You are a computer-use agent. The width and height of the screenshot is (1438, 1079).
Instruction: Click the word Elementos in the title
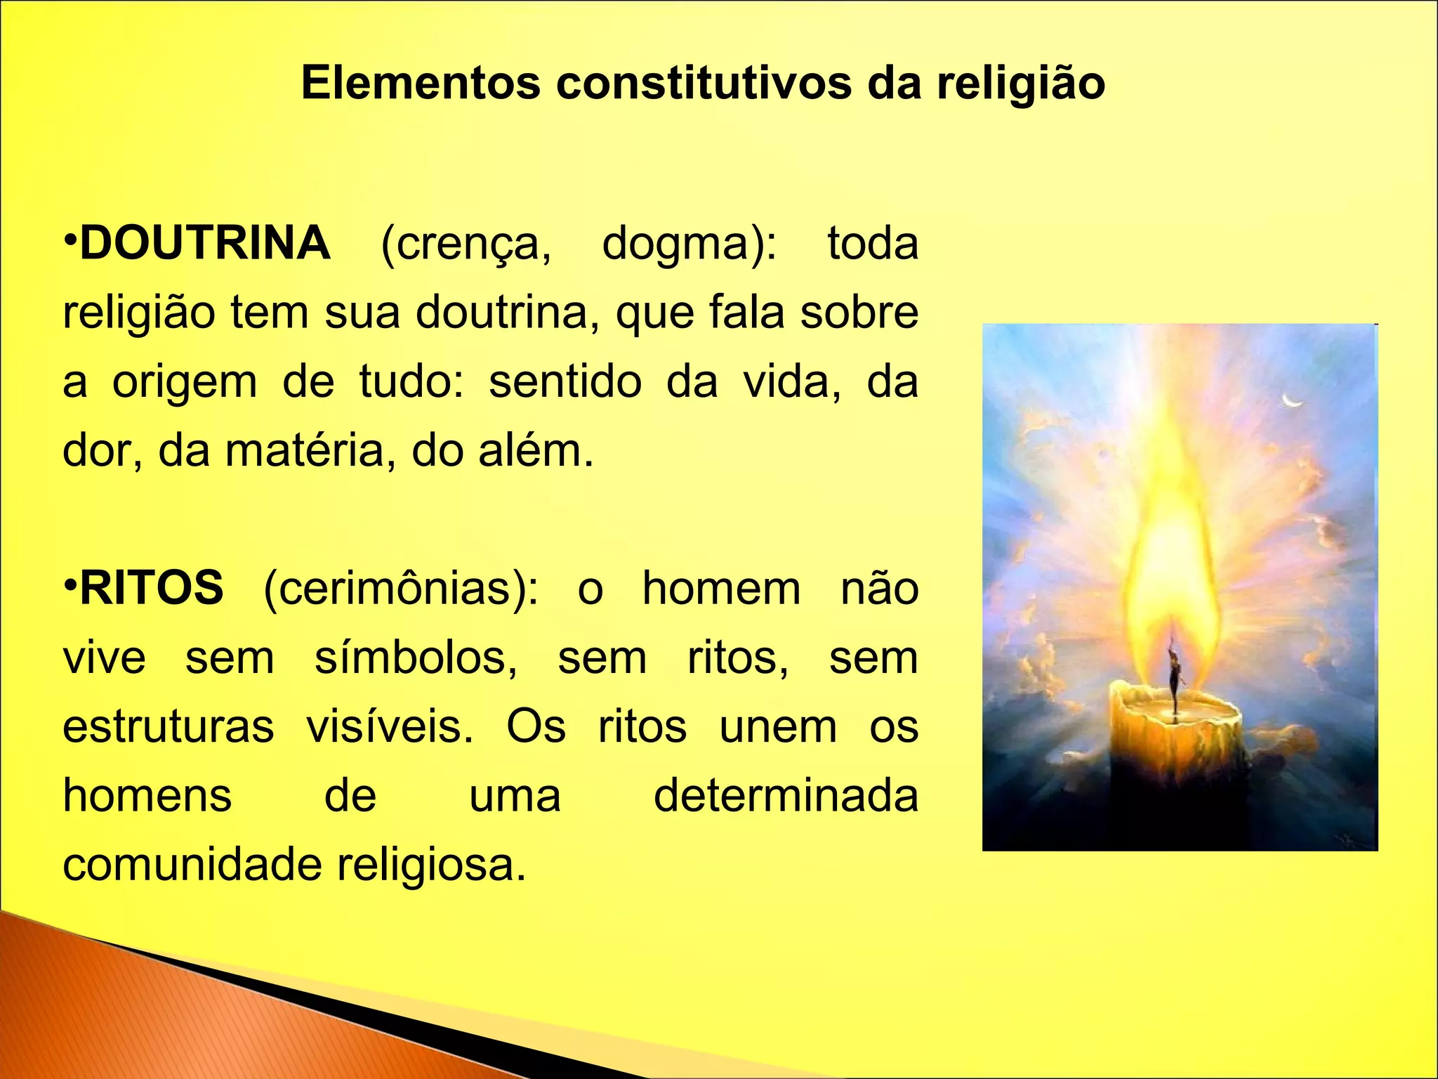pos(421,83)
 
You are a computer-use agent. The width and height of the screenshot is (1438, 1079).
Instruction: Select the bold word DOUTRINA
pos(205,243)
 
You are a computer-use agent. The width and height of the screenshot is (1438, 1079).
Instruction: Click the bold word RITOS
pos(152,588)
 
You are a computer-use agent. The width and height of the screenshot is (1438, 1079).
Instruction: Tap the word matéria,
pos(305,451)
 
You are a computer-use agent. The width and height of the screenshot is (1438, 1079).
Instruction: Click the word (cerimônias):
pos(401,589)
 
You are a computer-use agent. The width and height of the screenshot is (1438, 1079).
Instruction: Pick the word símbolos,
pos(416,658)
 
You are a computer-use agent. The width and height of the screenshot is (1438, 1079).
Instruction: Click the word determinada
pos(786,795)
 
